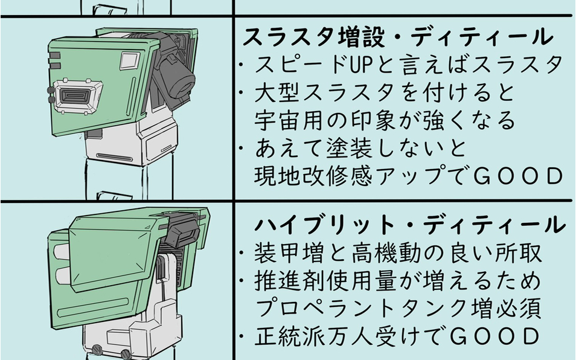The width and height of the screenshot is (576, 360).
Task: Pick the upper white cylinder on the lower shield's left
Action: coord(63,252)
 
